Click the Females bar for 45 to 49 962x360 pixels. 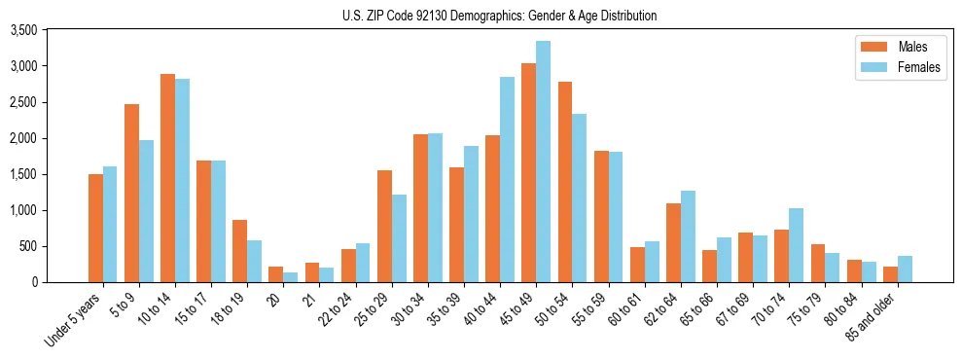[x=543, y=162]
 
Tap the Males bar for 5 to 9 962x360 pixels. [x=131, y=193]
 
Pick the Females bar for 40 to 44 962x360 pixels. [x=507, y=179]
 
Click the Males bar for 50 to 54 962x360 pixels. [x=564, y=182]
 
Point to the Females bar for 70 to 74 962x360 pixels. [x=796, y=245]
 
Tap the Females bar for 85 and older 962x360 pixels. [x=905, y=269]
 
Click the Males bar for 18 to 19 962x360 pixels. [x=239, y=251]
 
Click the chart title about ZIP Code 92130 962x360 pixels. [x=499, y=16]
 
